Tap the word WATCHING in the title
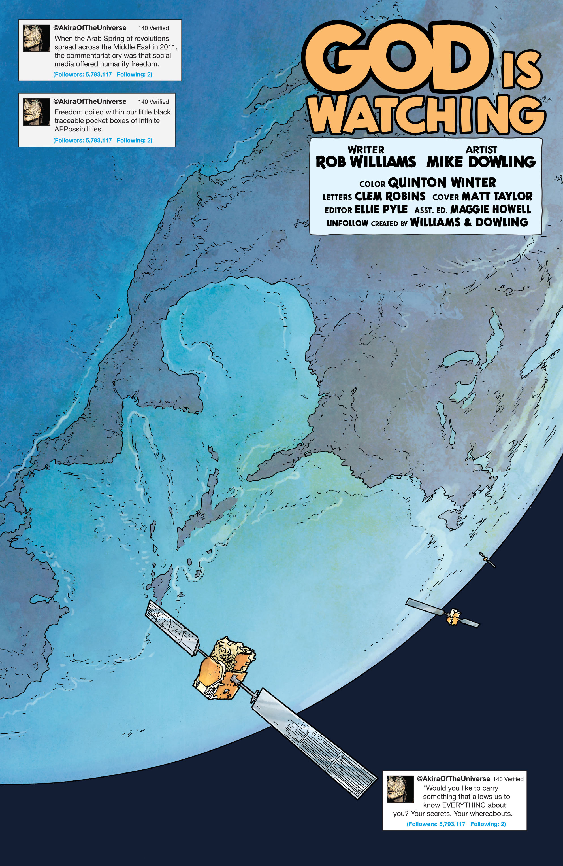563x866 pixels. (427, 114)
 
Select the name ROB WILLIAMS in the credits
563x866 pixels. (366, 162)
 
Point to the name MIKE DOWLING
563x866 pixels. (481, 162)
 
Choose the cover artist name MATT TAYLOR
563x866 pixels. (497, 196)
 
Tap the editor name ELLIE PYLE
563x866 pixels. (381, 210)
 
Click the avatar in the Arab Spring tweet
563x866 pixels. (36, 38)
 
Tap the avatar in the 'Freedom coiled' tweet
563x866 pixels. (36, 112)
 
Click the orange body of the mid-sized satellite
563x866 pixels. (453, 617)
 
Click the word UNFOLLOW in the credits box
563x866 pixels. (347, 223)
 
